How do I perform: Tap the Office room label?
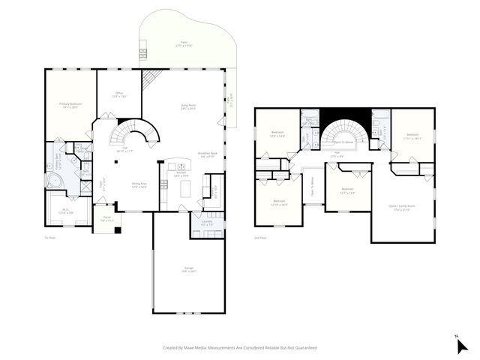click(118, 94)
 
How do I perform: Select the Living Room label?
click(188, 106)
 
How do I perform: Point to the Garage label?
click(189, 270)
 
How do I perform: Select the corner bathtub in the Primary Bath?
click(54, 181)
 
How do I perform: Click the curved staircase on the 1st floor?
click(135, 132)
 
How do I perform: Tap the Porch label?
click(107, 219)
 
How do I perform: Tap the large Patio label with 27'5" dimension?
click(183, 44)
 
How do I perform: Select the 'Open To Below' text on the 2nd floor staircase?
click(344, 141)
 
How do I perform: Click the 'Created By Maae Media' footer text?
click(240, 347)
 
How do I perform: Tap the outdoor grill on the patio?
click(142, 52)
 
